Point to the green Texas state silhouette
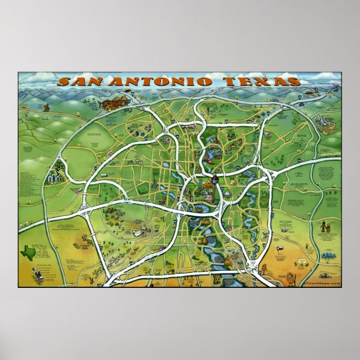coord(27,253)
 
